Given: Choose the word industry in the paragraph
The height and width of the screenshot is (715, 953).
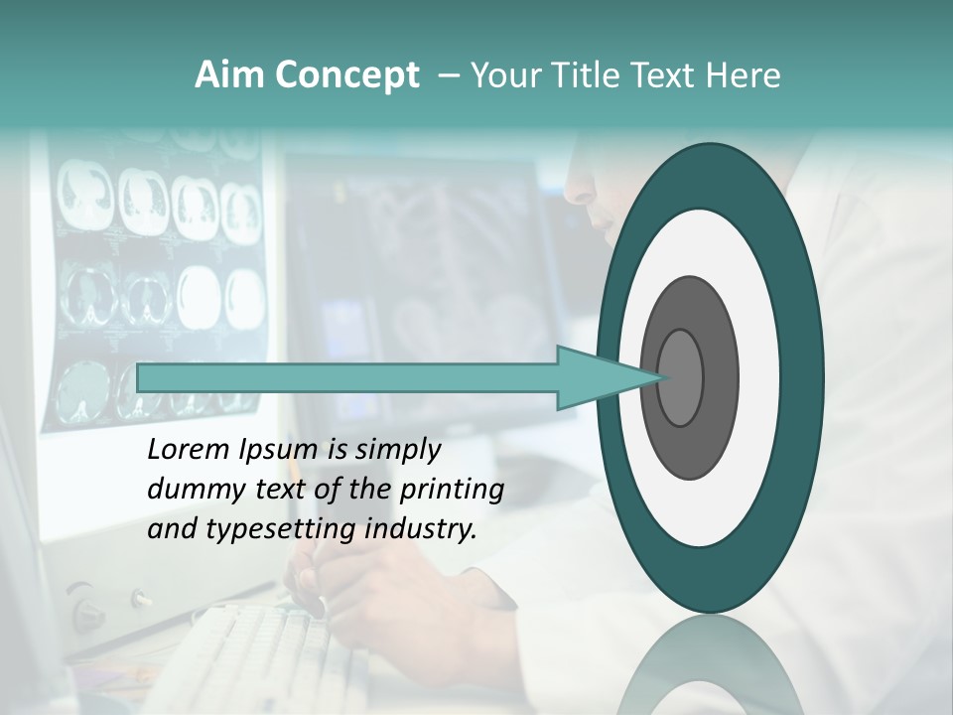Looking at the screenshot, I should click(420, 529).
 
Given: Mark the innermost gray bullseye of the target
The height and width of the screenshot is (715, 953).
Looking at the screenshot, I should click(680, 377).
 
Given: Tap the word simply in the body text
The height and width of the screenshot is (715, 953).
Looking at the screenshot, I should click(397, 450).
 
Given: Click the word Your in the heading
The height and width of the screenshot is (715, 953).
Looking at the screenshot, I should click(501, 75).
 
